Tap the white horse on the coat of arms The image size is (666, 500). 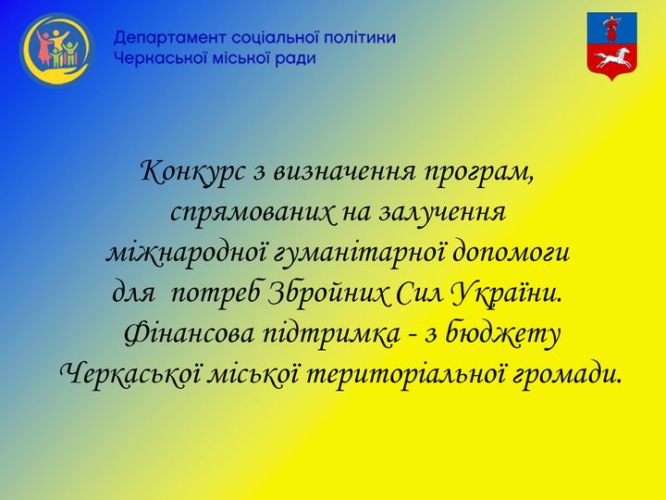pyautogui.click(x=611, y=60)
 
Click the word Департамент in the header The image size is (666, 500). pyautogui.click(x=170, y=38)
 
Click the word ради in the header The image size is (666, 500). pyautogui.click(x=295, y=58)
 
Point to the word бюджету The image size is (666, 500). pyautogui.click(x=511, y=335)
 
